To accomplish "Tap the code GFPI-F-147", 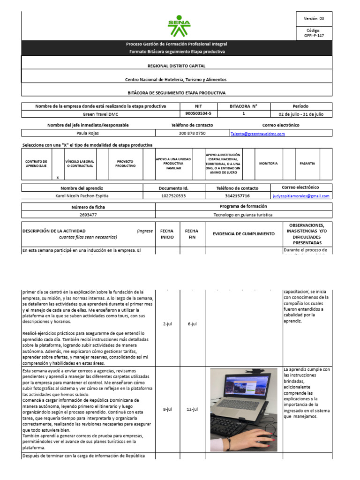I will (314, 35).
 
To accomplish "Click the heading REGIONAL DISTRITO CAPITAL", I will (176, 66).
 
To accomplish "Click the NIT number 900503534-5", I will (198, 114).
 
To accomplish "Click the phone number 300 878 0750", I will (192, 133).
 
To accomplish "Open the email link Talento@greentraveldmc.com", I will (257, 134).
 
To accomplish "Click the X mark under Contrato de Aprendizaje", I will (57, 178).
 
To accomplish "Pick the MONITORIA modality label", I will (268, 164).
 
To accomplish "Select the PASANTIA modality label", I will (307, 164).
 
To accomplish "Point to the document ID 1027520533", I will (173, 195).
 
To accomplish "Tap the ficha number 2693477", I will (89, 215).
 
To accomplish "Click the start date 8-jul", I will (167, 409).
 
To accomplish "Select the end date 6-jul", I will (192, 324).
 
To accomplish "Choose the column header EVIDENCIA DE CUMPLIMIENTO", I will (243, 233).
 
